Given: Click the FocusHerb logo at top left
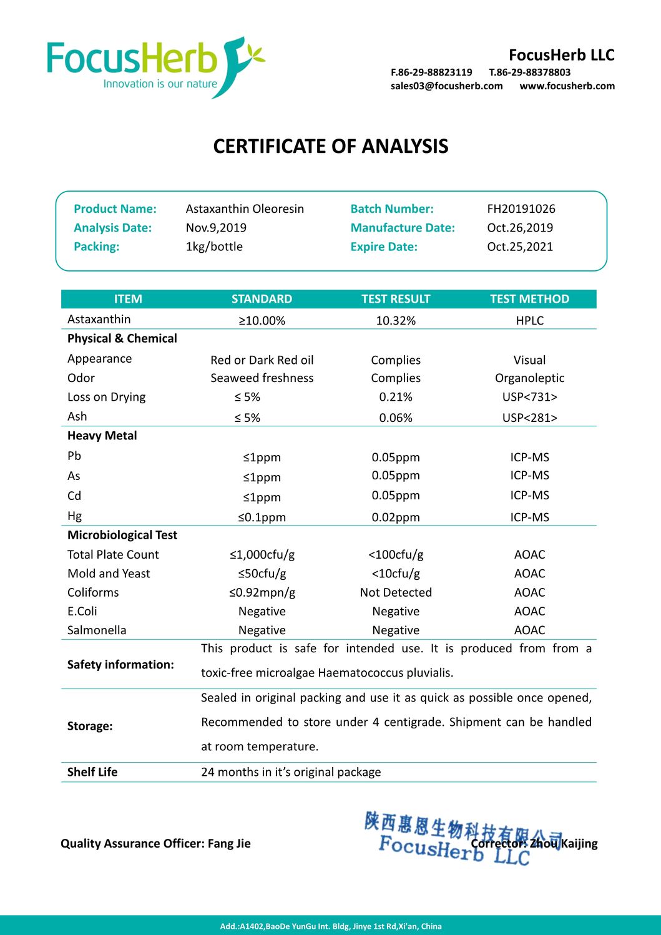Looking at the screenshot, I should pyautogui.click(x=156, y=67).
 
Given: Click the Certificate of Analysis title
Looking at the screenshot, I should pyautogui.click(x=330, y=146).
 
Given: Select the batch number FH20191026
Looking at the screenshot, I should pyautogui.click(x=521, y=208).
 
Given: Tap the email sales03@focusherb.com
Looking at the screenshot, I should pyautogui.click(x=446, y=86).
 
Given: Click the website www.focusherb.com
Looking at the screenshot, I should pyautogui.click(x=567, y=86).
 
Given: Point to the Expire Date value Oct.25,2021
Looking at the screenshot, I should pyautogui.click(x=519, y=247).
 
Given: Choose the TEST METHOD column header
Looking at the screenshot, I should pyautogui.click(x=529, y=299).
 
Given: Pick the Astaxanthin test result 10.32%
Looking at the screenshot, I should pyautogui.click(x=395, y=320).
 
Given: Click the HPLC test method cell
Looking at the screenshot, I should pyautogui.click(x=529, y=320).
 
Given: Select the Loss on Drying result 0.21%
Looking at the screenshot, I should pyautogui.click(x=395, y=397).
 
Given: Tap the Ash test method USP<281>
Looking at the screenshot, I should pyautogui.click(x=529, y=418).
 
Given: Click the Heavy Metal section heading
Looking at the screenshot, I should pyautogui.click(x=102, y=436).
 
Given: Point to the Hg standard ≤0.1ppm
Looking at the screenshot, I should pyautogui.click(x=262, y=517).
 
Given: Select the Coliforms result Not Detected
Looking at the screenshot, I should pyautogui.click(x=395, y=592).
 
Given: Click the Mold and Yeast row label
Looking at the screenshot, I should pyautogui.click(x=109, y=574).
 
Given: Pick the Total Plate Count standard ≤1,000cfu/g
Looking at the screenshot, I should pyautogui.click(x=262, y=554).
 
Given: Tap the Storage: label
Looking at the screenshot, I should pyautogui.click(x=90, y=726).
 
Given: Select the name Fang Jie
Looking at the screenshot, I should pyautogui.click(x=229, y=843).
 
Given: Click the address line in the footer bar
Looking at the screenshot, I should pyautogui.click(x=330, y=926).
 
